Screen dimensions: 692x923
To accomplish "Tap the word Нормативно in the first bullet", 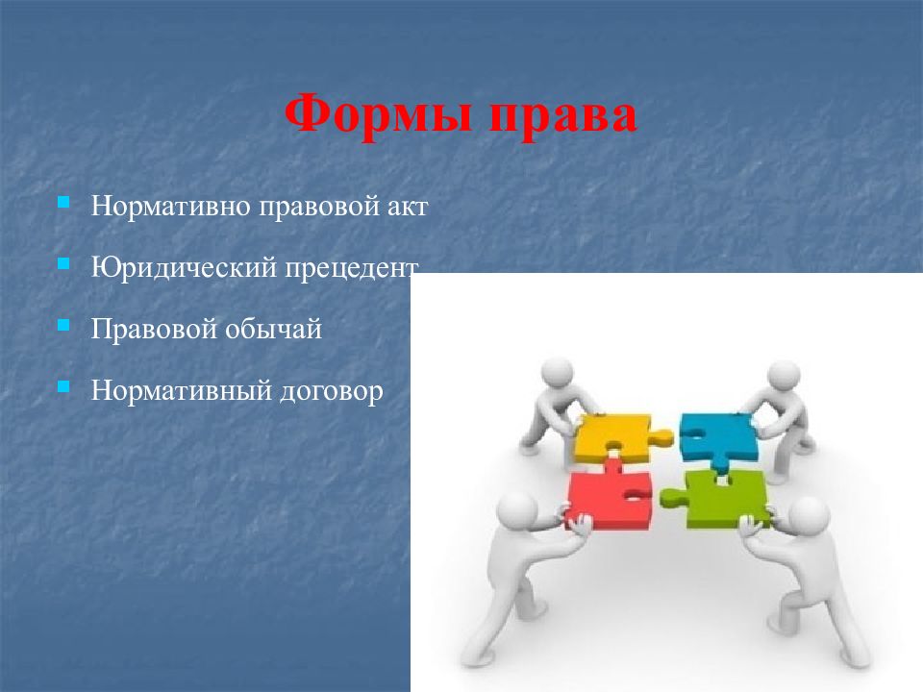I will coord(170,207).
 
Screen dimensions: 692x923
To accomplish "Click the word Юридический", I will coord(183,268).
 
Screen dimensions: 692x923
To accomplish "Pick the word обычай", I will coord(274,329).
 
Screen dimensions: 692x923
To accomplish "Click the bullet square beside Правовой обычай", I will coord(63,325).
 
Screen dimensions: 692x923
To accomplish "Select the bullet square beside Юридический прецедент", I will coord(63,263).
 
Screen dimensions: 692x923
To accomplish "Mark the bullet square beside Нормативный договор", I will coord(63,386).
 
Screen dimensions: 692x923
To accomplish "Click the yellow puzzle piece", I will coord(611,437).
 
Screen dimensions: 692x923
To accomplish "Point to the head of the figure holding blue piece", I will coord(784,378).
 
